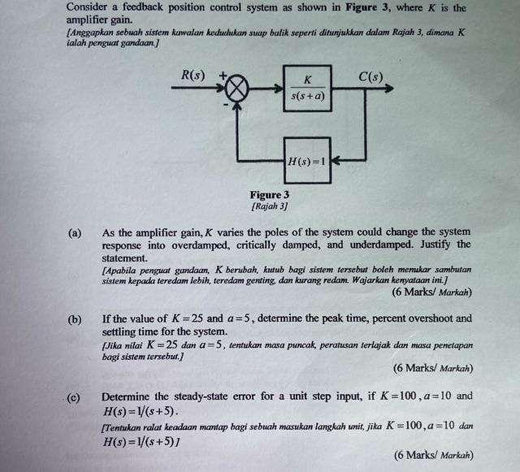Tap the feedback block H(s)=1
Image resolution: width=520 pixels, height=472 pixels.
point(307,160)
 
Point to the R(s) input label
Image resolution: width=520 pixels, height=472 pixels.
point(193,76)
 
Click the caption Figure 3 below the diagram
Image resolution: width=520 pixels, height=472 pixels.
point(270,195)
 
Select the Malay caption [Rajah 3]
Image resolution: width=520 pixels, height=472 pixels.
point(270,206)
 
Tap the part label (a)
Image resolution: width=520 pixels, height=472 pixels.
point(75,232)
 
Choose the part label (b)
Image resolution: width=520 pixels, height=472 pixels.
point(75,319)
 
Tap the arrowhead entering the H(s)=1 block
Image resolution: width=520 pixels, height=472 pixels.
point(336,160)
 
